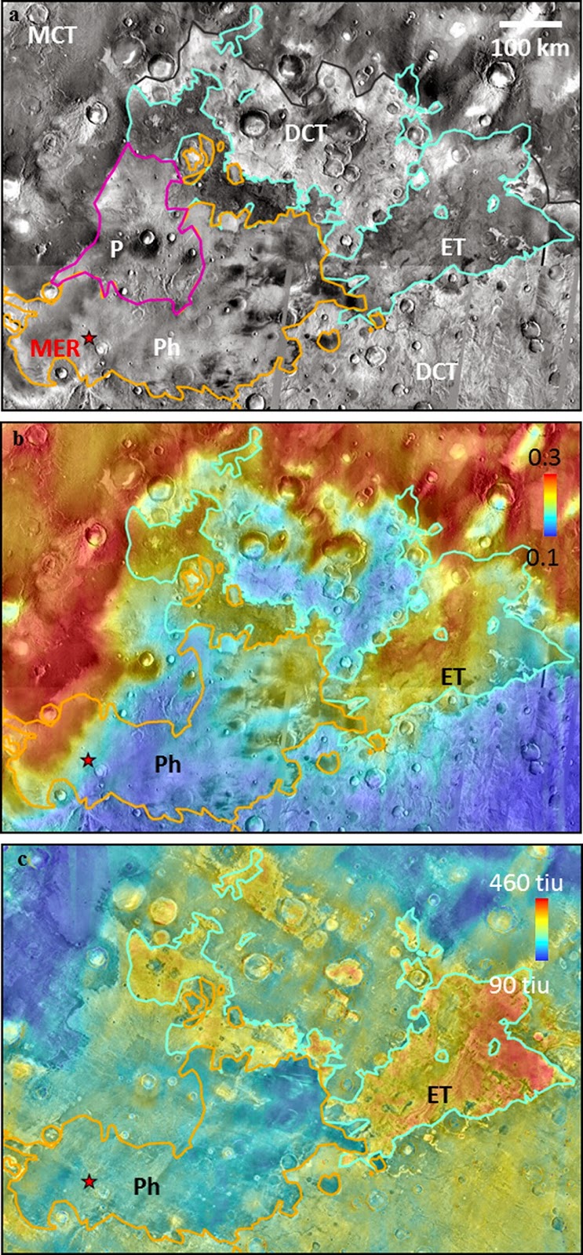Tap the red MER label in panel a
tap(55, 348)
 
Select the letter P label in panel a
tap(116, 249)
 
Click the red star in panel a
tap(89, 337)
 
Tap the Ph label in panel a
tap(167, 346)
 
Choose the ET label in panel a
tap(453, 246)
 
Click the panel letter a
tap(13, 15)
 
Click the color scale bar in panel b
tap(549, 506)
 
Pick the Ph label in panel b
tap(167, 763)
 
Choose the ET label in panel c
tap(439, 1093)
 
